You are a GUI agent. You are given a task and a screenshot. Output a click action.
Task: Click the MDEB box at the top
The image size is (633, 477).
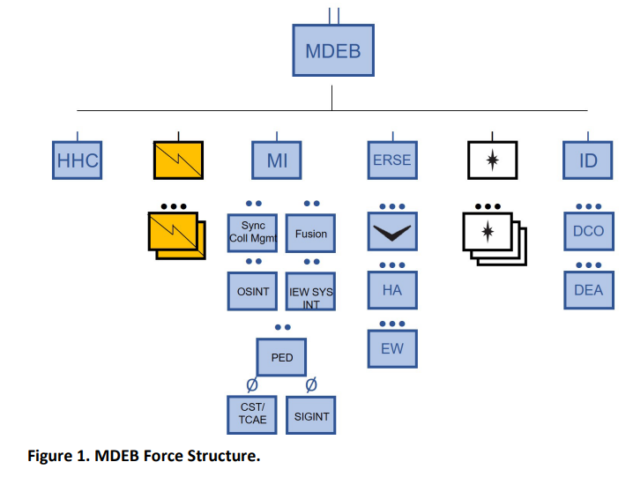point(333,50)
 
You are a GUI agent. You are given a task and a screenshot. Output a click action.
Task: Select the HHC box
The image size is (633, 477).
point(77,160)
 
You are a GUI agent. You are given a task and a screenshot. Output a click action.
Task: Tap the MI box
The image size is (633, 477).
point(277,160)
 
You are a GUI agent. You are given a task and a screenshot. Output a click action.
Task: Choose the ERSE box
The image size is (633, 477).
point(392,160)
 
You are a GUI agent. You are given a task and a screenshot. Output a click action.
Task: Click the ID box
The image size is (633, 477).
point(588,160)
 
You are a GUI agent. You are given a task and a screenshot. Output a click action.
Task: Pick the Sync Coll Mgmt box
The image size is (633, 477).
point(252,233)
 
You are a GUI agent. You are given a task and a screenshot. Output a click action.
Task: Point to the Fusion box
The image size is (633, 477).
point(310,233)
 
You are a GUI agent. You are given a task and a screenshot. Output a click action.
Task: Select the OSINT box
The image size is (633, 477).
point(252,291)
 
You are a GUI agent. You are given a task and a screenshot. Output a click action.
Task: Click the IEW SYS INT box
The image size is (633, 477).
point(310,291)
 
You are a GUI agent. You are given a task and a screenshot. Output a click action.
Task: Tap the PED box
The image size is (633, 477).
point(281,357)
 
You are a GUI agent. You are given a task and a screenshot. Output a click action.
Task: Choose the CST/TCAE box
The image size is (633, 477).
point(252,414)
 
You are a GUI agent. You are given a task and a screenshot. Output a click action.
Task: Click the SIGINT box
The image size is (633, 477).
point(311,415)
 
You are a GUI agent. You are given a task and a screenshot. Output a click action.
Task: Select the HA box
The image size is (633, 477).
point(392,290)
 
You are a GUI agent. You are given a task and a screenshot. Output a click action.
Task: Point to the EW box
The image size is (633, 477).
point(392,348)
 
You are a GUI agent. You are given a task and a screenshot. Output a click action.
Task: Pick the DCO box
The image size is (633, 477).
point(589,231)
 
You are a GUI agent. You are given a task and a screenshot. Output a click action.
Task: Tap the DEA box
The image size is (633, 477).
point(589,290)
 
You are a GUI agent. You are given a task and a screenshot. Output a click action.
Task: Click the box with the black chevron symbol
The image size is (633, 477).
point(392,231)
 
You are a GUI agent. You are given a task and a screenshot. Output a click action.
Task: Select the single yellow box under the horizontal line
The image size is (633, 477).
point(178,160)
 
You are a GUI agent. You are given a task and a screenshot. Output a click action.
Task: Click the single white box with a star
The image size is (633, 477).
point(493,160)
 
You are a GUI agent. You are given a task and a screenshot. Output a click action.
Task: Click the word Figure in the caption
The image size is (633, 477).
point(49,456)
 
